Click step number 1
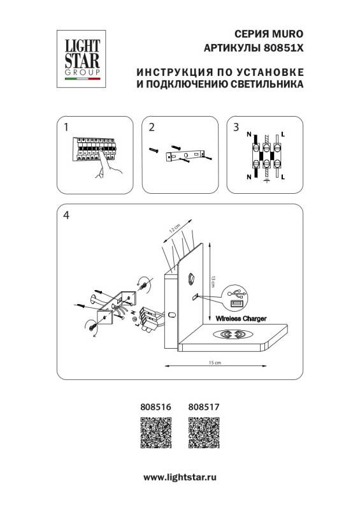(66, 127)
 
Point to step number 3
(236, 127)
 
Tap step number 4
(66, 216)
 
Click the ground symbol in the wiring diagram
(265, 181)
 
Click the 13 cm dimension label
(213, 279)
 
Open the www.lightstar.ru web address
(180, 476)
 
